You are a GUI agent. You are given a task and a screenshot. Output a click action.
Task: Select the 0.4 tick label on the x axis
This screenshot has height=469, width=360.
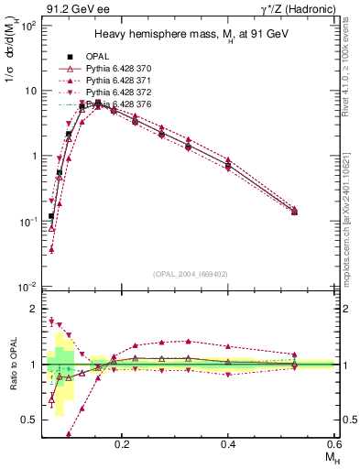point(228,443)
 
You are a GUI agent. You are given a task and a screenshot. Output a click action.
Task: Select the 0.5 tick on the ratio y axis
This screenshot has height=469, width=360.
point(29,420)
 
